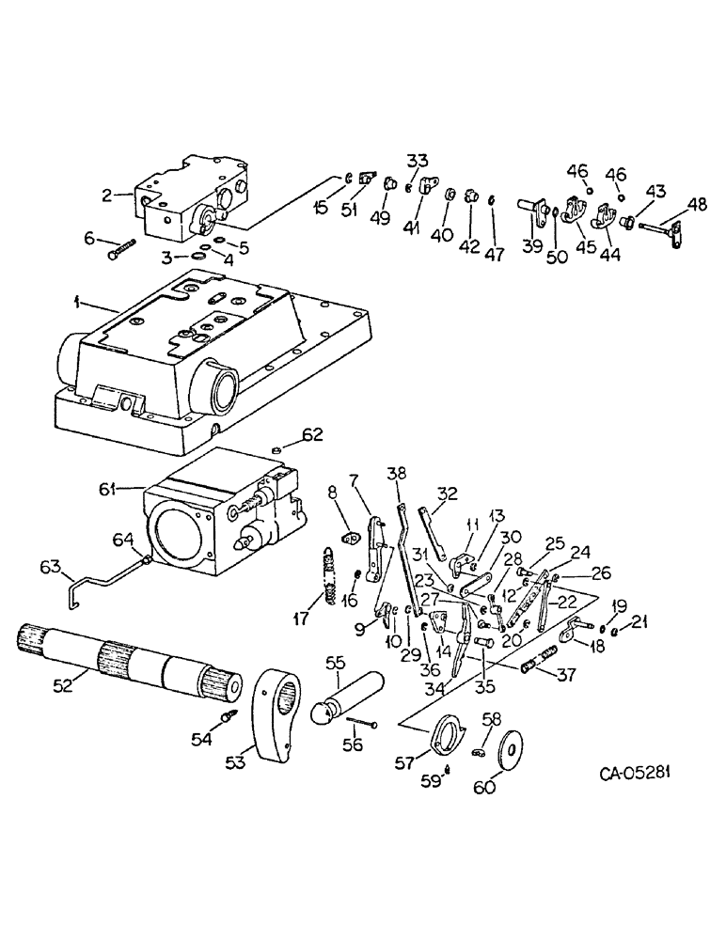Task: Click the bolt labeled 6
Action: (x=122, y=248)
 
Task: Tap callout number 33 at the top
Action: (x=417, y=159)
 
